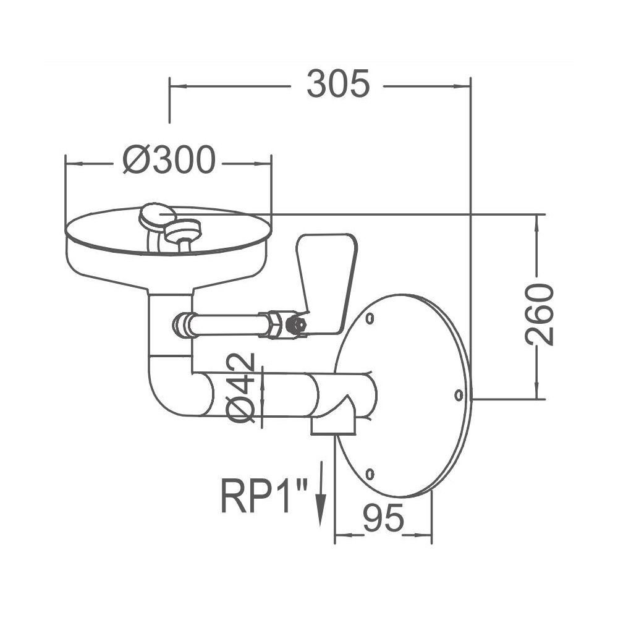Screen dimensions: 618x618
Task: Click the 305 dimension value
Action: tap(338, 85)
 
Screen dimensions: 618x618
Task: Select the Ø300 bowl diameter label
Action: tap(169, 161)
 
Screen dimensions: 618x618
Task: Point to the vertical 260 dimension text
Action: tap(539, 313)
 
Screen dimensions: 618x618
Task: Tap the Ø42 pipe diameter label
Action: tap(242, 389)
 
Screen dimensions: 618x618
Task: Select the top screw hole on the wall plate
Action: tap(370, 319)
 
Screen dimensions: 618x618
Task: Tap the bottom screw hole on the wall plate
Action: tap(370, 474)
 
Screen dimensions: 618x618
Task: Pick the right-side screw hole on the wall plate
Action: tap(459, 394)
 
